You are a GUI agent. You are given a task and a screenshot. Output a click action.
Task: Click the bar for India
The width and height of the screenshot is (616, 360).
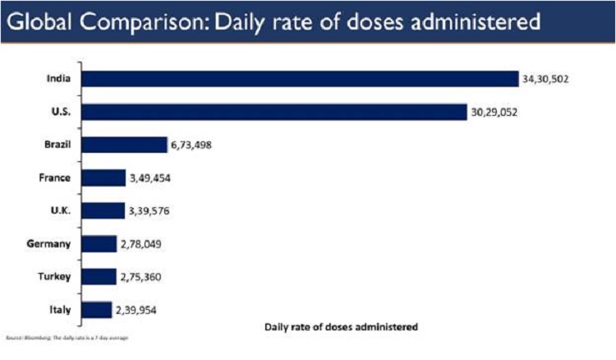[300, 79]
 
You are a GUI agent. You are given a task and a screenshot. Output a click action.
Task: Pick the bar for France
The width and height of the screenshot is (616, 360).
[103, 178]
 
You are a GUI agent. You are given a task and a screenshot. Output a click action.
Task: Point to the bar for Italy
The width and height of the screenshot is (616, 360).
[97, 310]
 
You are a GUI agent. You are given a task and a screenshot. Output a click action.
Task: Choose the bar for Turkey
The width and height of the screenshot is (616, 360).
[99, 277]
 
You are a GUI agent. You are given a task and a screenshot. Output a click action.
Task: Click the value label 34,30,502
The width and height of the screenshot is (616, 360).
[545, 80]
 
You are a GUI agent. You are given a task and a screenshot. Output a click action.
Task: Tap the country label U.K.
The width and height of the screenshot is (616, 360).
[60, 211]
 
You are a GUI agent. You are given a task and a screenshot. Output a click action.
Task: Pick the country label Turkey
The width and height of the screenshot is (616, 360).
[56, 277]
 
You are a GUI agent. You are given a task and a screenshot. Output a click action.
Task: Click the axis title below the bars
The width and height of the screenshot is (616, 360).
[342, 326]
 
